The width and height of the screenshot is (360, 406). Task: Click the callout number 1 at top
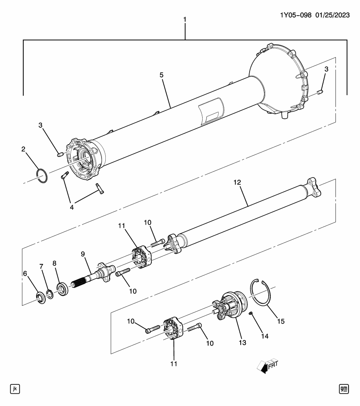184,20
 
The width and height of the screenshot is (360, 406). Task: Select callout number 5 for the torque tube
162,75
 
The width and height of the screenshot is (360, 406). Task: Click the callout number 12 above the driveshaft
237,182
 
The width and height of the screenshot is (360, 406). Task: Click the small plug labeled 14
250,313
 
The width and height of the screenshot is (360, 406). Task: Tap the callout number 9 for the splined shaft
83,254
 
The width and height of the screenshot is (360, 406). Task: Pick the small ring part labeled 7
49,294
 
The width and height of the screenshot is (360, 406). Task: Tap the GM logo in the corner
344,388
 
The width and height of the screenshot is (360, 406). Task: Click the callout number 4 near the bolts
71,207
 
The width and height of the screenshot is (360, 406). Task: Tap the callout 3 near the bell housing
326,69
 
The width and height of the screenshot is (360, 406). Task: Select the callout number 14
264,337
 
